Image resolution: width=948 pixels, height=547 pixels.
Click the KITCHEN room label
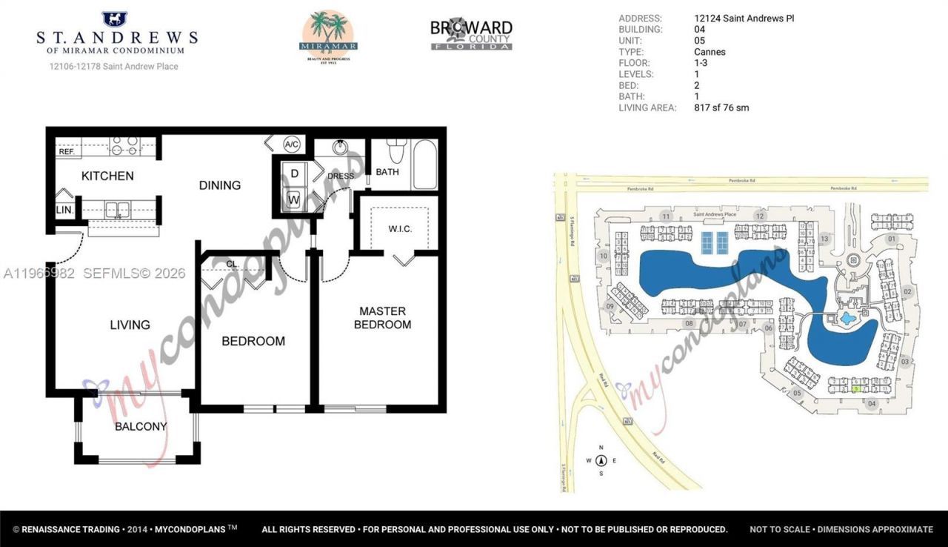[107, 176]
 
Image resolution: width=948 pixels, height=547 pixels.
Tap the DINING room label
[220, 185]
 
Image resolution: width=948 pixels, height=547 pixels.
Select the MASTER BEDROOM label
[382, 318]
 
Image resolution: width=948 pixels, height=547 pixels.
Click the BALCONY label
[141, 426]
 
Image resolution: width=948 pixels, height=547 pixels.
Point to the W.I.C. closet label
[400, 228]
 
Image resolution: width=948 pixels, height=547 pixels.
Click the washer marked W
[294, 199]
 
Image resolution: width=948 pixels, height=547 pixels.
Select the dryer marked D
[294, 173]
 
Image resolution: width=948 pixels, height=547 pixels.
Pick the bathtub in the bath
[425, 164]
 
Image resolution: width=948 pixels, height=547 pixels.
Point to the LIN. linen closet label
[64, 210]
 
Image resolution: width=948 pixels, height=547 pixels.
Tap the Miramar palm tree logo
[328, 35]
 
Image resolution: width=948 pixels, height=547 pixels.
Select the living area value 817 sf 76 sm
[721, 107]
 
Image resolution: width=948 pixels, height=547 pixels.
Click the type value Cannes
[710, 52]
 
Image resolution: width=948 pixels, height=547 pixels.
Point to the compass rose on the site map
[601, 460]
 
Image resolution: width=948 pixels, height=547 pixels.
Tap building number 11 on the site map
[667, 216]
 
